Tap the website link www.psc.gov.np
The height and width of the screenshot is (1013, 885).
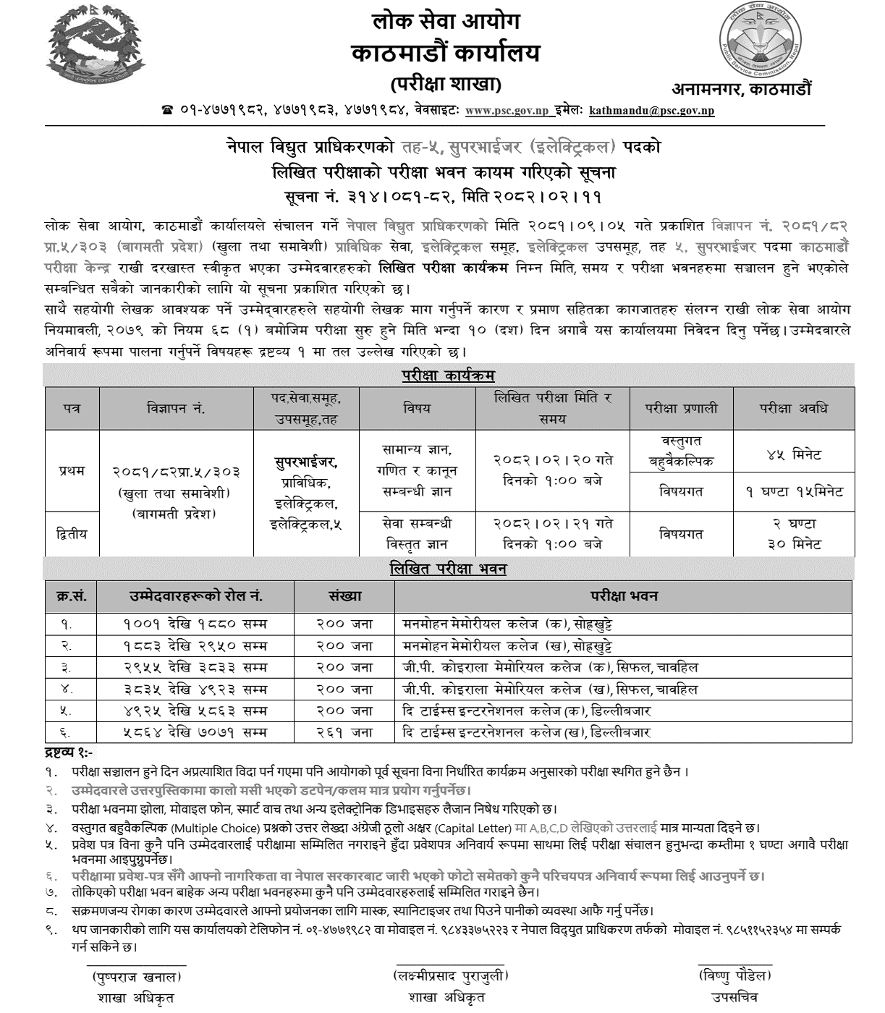tap(507, 111)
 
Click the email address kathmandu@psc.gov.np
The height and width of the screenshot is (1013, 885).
tap(651, 111)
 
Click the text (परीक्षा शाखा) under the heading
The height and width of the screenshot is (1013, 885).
tap(446, 85)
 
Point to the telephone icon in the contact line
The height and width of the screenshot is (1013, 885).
tap(168, 111)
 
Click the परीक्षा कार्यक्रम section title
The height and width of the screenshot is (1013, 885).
tap(449, 376)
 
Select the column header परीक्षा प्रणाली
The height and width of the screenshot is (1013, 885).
tap(682, 408)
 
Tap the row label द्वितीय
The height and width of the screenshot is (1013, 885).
tap(72, 533)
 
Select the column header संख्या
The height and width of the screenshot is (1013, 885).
tap(344, 596)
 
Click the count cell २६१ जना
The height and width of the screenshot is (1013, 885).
tap(344, 732)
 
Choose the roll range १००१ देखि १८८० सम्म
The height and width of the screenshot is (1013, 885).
tap(195, 623)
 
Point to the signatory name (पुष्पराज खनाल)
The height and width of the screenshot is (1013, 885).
tap(137, 977)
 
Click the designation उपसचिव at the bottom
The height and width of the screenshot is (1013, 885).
tap(734, 998)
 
